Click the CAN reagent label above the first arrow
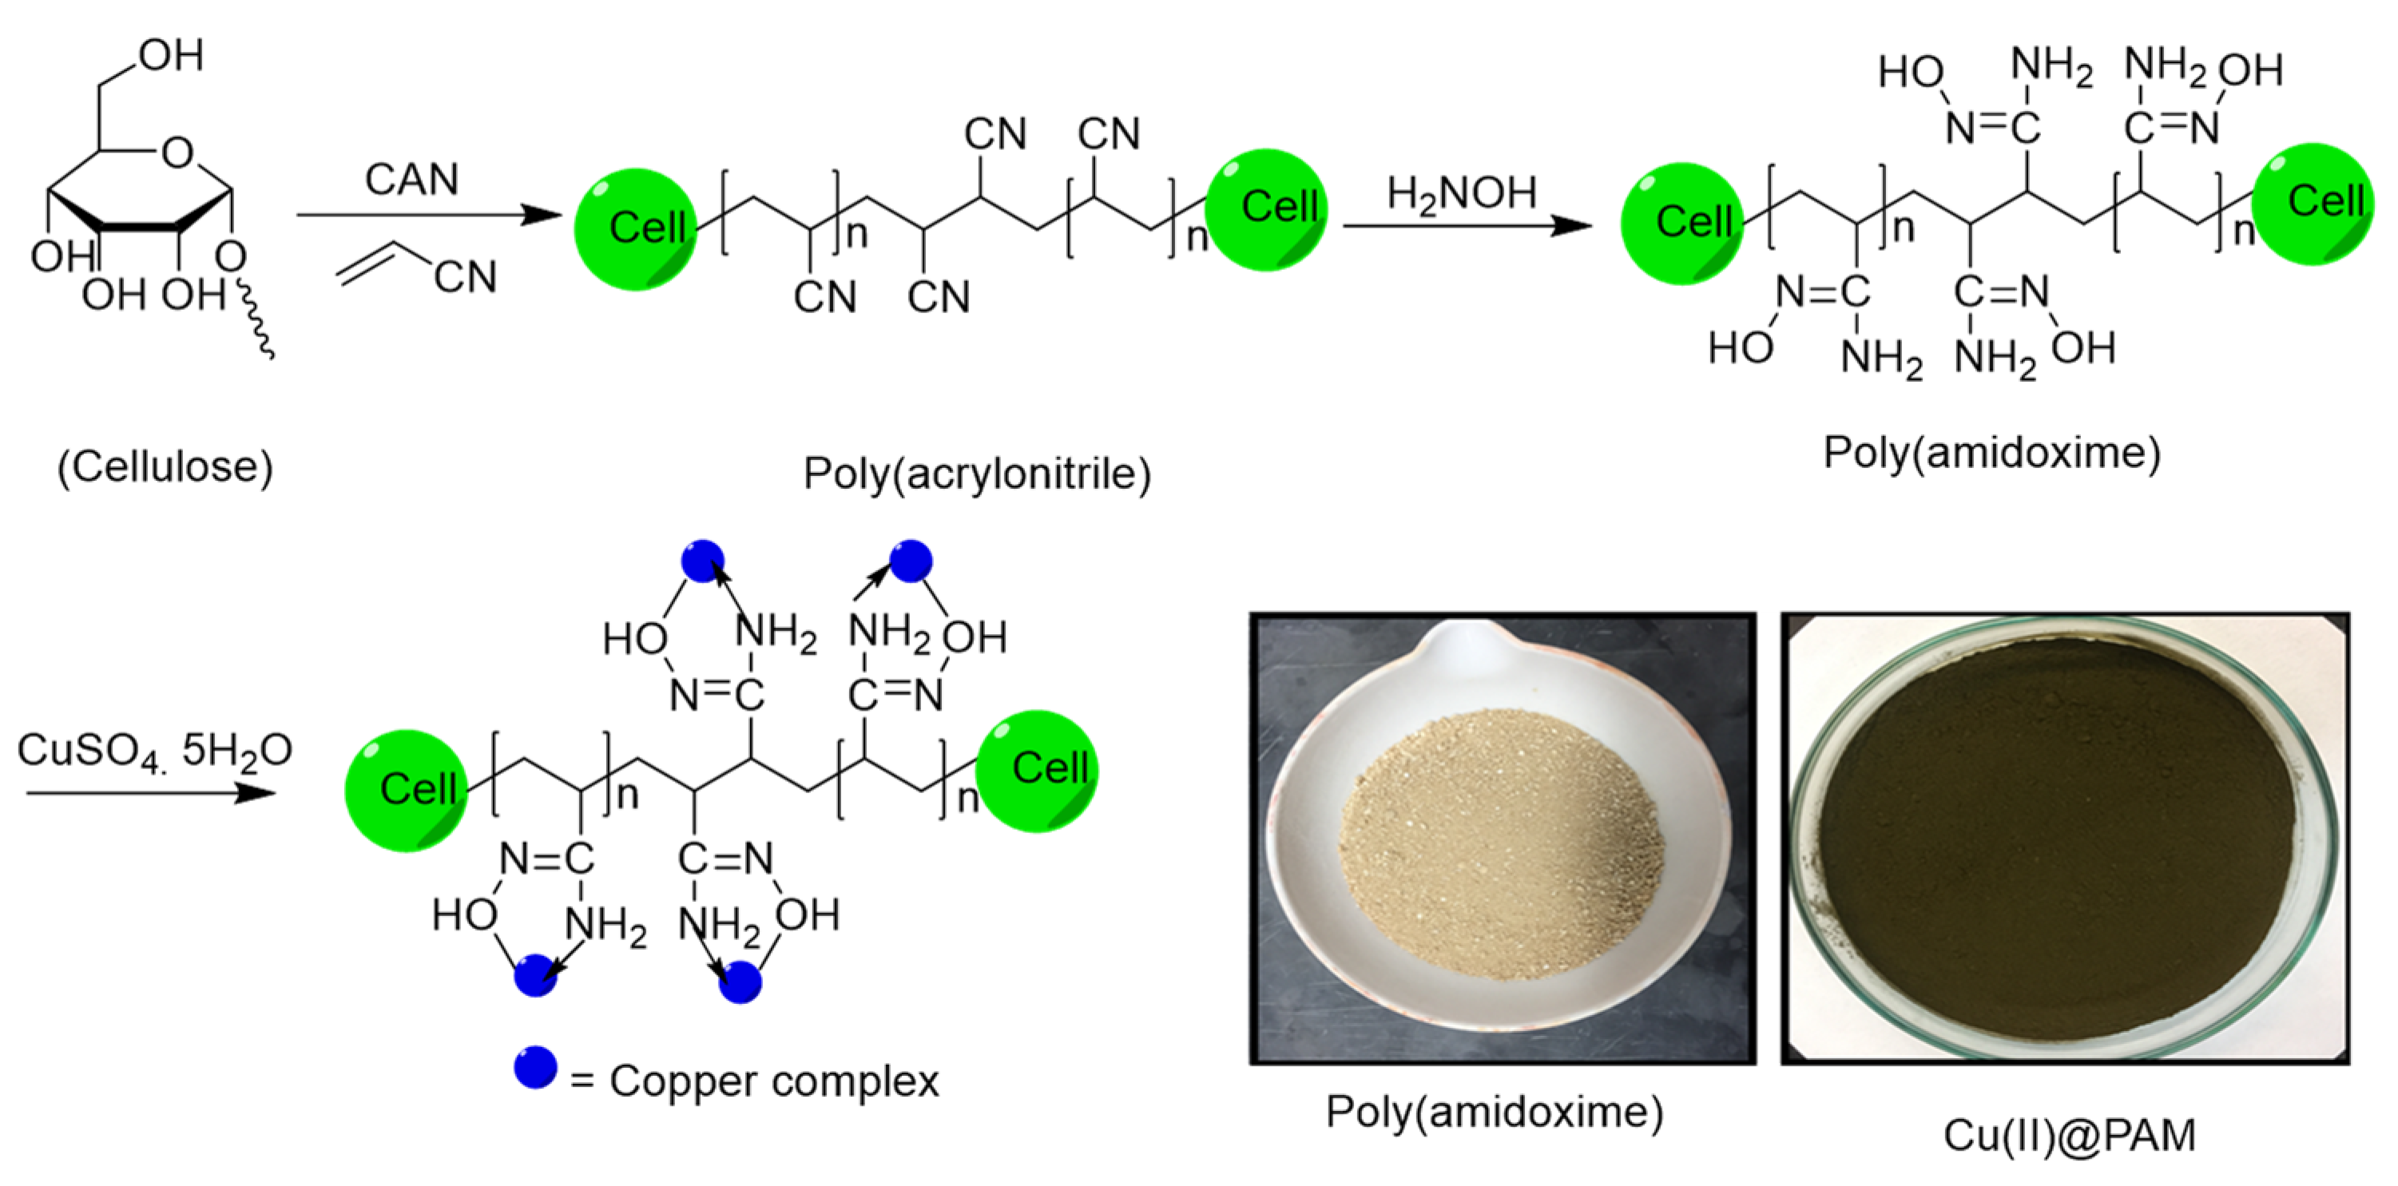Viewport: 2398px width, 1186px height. pos(411,179)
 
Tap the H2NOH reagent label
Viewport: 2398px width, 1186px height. pos(1462,193)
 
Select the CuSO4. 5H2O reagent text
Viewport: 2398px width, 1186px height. pos(154,750)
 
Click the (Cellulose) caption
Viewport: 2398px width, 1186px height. pos(165,466)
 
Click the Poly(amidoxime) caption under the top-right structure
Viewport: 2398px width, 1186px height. pos(1991,452)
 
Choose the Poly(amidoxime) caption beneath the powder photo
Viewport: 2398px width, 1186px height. pos(1494,1112)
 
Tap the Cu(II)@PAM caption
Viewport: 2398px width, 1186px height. pos(2068,1135)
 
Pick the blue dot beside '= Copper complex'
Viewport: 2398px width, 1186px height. pos(535,1068)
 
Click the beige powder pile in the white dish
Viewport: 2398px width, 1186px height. pos(1499,843)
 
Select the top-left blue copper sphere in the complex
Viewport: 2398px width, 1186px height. pos(703,561)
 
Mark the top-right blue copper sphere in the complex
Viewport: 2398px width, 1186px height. pos(911,561)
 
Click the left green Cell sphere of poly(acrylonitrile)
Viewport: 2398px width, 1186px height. pos(636,228)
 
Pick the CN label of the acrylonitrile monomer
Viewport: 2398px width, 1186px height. pos(466,276)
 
